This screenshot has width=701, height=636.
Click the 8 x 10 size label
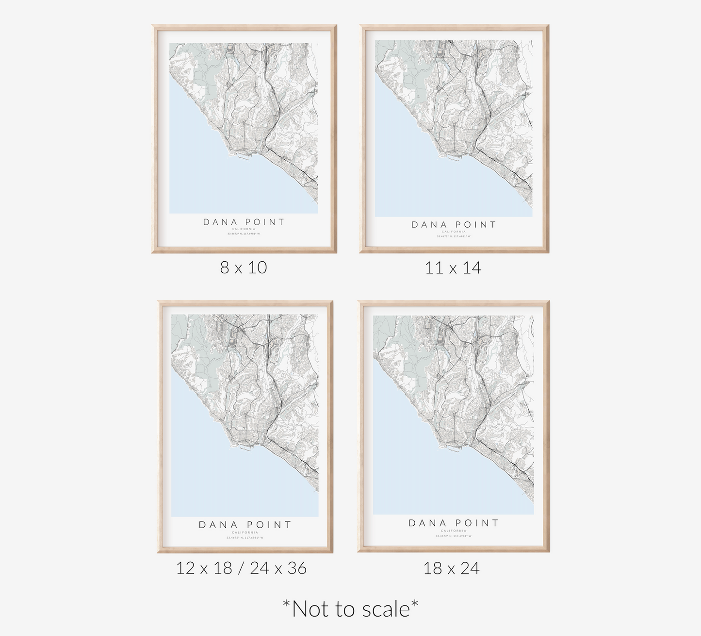(244, 268)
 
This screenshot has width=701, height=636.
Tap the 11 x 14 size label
(453, 268)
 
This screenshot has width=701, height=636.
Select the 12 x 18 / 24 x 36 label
(241, 568)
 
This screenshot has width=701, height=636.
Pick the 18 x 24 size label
(451, 568)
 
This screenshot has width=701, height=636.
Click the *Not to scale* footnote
(350, 609)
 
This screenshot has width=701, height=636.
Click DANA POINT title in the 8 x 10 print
(244, 222)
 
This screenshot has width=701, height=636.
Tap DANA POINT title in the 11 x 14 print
(454, 225)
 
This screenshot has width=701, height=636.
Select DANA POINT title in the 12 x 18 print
(245, 525)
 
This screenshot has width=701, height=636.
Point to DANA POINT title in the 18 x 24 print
(454, 523)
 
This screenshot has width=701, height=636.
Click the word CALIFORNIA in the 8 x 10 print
(244, 229)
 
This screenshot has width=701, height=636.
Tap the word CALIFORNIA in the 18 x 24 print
(454, 531)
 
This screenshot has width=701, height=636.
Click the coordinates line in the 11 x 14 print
(454, 236)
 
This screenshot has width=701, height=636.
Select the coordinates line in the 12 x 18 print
(245, 537)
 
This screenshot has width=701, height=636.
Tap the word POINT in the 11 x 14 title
(476, 225)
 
